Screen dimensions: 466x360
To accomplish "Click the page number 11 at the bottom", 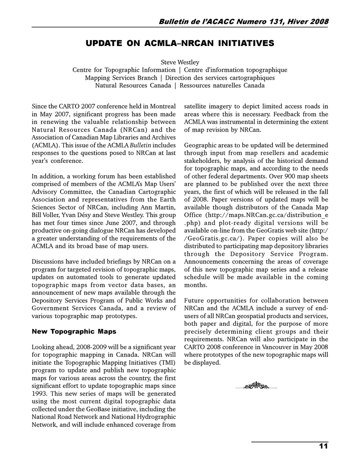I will (323, 446).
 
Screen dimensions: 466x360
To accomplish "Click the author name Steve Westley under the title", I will (180, 62).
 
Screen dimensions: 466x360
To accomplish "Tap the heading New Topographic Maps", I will (74, 331).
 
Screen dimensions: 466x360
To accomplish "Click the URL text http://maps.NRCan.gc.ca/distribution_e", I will (267, 215).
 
